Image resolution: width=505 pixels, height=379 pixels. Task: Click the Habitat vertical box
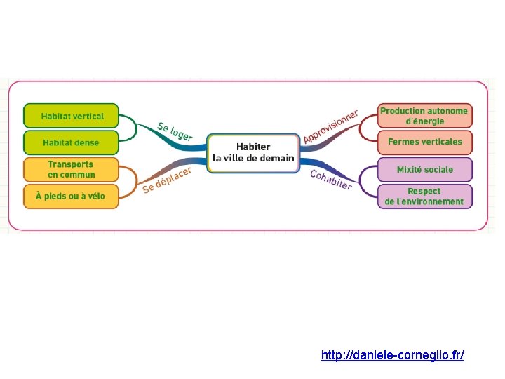[72, 117]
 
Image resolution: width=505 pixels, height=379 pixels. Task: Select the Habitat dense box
[71, 142]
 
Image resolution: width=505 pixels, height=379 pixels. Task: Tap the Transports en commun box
[71, 169]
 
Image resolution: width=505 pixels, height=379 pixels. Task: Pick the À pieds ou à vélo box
[71, 196]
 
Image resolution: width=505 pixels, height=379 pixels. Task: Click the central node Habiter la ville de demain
[253, 152]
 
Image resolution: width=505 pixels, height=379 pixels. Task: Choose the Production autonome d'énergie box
[424, 116]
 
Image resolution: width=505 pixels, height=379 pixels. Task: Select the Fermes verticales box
[424, 142]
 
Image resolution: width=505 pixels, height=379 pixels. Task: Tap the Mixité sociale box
[424, 169]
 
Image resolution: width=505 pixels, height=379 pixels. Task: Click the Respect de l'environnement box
[424, 196]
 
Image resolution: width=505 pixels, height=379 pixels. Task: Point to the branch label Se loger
[175, 131]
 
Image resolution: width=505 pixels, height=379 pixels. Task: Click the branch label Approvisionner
[330, 126]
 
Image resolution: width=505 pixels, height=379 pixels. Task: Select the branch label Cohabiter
[331, 180]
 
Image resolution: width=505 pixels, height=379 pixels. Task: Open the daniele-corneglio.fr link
[392, 355]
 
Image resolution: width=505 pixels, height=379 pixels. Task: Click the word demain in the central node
[276, 159]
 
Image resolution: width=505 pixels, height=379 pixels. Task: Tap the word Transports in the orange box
[71, 164]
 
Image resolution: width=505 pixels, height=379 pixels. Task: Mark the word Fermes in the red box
[403, 142]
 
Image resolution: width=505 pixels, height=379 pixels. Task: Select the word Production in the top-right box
[403, 111]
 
